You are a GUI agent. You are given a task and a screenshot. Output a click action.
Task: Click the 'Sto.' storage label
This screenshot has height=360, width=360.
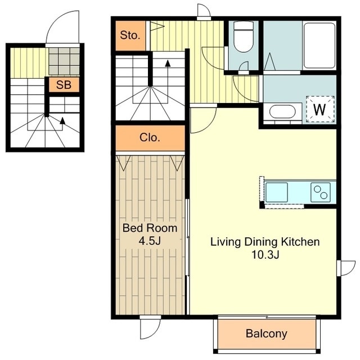130,35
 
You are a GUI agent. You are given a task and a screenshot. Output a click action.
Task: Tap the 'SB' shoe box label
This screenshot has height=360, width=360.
64,85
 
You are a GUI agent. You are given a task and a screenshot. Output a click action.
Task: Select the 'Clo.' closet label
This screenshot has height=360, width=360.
150,137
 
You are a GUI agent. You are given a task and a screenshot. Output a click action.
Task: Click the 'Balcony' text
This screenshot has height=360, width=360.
266,334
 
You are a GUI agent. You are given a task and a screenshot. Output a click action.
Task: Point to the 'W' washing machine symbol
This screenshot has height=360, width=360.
320,110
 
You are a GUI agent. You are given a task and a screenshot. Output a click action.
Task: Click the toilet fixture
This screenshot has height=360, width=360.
244,37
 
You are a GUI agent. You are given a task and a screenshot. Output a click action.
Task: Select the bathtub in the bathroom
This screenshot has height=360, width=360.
319,46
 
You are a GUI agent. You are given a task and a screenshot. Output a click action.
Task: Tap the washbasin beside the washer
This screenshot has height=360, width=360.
282,112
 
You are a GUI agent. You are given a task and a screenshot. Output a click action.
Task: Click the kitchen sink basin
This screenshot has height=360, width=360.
277,192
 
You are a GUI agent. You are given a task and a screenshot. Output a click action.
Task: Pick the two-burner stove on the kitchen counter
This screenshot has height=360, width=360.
321,192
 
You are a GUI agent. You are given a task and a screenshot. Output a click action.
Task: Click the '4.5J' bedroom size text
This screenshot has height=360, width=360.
150,241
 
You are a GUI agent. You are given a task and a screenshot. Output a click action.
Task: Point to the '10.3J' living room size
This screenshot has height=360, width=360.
265,255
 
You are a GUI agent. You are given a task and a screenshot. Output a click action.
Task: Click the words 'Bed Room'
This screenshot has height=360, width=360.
150,228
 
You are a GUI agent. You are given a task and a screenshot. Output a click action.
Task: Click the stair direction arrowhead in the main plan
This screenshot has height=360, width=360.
168,63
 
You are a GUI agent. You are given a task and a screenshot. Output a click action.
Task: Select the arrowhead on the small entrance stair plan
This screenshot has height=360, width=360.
62,121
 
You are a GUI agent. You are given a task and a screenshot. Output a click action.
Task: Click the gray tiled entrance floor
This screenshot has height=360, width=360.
64,61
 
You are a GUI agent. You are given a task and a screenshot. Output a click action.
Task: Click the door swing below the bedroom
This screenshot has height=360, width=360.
150,329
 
